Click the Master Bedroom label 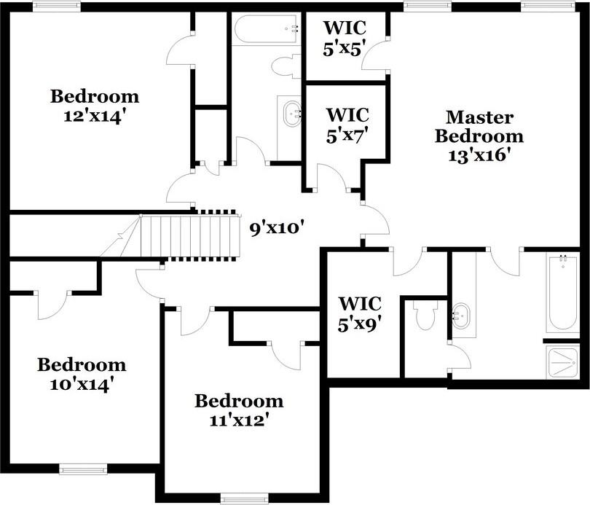pos(479,126)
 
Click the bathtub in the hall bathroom pos(267,30)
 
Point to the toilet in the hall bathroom pos(286,66)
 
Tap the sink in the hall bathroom pos(292,114)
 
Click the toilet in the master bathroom pos(425,316)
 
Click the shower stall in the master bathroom pos(562,361)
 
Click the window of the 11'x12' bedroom pos(240,498)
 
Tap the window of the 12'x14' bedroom pos(57,6)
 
